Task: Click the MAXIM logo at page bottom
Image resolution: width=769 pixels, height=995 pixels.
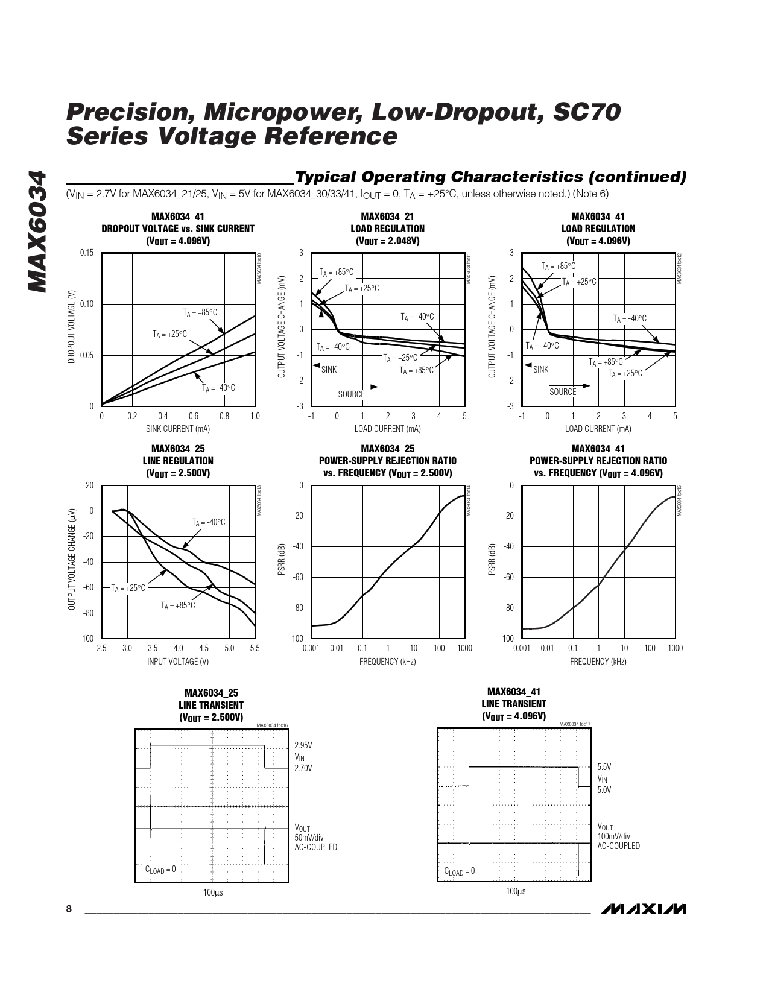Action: [644, 909]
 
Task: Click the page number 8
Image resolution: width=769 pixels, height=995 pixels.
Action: [69, 909]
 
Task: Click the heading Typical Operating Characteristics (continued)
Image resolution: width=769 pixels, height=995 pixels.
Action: [490, 177]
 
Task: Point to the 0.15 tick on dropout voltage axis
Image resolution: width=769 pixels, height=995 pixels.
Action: [87, 253]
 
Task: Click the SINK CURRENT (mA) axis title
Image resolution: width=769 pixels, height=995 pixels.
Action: [178, 429]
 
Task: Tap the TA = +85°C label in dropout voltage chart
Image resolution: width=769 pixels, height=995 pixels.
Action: [200, 312]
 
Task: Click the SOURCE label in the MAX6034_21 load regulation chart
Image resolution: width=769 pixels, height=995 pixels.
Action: [351, 394]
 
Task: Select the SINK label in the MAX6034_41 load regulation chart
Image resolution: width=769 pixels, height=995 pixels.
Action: [540, 370]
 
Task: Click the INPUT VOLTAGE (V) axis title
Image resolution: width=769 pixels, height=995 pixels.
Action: [178, 662]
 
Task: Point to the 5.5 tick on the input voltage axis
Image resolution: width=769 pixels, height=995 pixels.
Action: [255, 648]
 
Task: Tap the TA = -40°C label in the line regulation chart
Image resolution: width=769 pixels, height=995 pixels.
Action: [208, 522]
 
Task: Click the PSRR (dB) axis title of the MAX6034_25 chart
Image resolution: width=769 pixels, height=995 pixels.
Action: [282, 559]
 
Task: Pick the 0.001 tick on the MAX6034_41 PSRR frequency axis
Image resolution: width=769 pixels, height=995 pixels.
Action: [521, 648]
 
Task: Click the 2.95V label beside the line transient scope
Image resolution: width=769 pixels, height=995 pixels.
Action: [303, 745]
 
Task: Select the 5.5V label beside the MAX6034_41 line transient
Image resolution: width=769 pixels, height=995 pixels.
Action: [604, 767]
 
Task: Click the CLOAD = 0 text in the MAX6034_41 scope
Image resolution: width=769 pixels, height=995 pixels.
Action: [460, 871]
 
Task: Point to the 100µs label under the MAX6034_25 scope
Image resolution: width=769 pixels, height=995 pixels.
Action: [213, 892]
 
